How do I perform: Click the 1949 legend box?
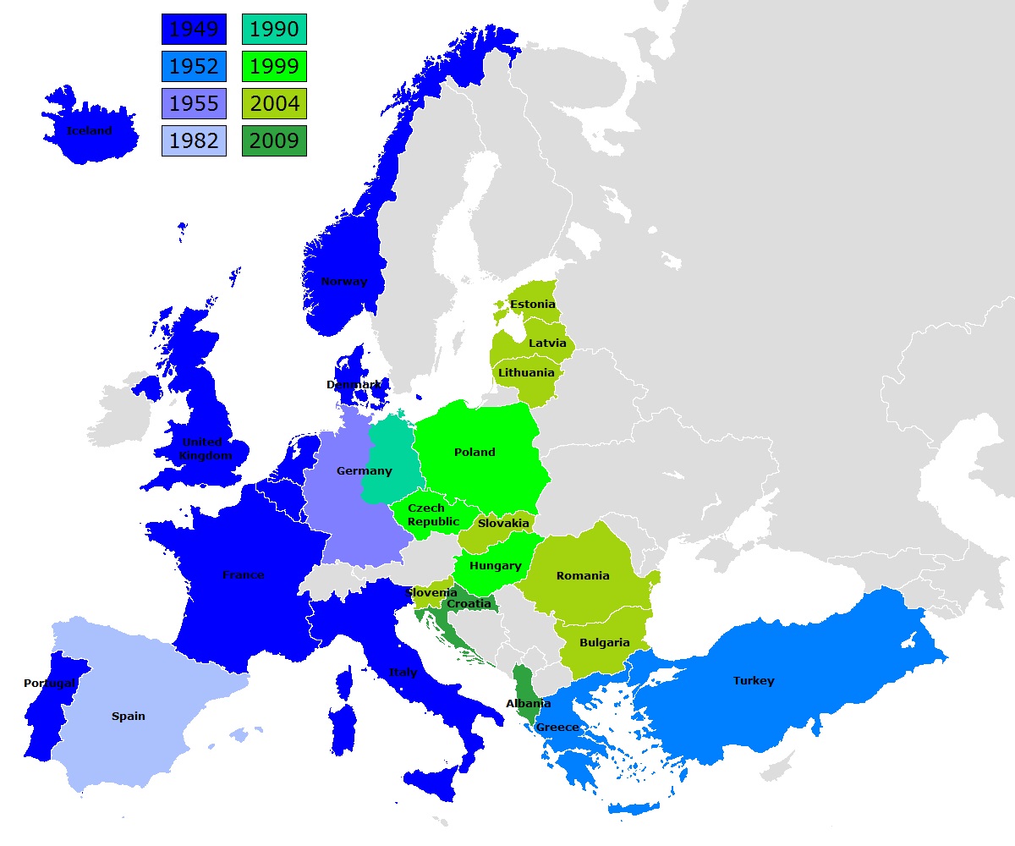(194, 30)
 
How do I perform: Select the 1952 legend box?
(194, 67)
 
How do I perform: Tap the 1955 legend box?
(194, 104)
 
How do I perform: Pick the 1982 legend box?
(194, 140)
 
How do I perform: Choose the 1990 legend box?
(274, 30)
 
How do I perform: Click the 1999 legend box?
(274, 67)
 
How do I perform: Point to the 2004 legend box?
(274, 104)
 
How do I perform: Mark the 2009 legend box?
(274, 140)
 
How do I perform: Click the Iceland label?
(89, 131)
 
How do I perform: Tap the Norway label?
(344, 282)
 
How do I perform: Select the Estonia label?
(533, 305)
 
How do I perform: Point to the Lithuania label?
(526, 373)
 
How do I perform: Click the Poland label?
(475, 453)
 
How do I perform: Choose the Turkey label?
(754, 681)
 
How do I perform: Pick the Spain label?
(129, 717)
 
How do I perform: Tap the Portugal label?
(50, 684)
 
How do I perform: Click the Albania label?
(529, 704)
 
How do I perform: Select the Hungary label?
(496, 566)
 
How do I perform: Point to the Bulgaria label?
(605, 643)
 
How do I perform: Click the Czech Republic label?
(433, 515)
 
